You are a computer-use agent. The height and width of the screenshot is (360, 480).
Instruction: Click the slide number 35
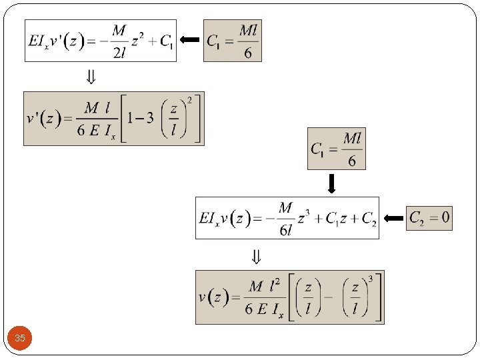tap(20, 338)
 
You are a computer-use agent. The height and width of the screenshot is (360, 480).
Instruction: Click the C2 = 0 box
tap(429, 217)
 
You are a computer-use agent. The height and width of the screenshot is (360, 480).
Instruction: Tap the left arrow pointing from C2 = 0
tap(395, 218)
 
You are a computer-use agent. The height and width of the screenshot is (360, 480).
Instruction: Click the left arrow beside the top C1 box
tap(190, 41)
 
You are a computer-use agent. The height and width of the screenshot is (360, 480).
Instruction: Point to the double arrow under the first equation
tap(91, 77)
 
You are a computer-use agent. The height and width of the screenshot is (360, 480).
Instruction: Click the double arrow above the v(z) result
tap(255, 256)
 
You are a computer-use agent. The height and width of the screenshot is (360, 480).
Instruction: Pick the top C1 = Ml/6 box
tap(232, 41)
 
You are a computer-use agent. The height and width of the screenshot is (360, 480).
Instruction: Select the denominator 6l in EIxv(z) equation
tap(285, 230)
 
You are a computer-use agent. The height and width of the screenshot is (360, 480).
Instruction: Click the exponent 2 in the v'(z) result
tap(189, 101)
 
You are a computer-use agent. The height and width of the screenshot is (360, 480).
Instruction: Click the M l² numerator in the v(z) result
tap(265, 287)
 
